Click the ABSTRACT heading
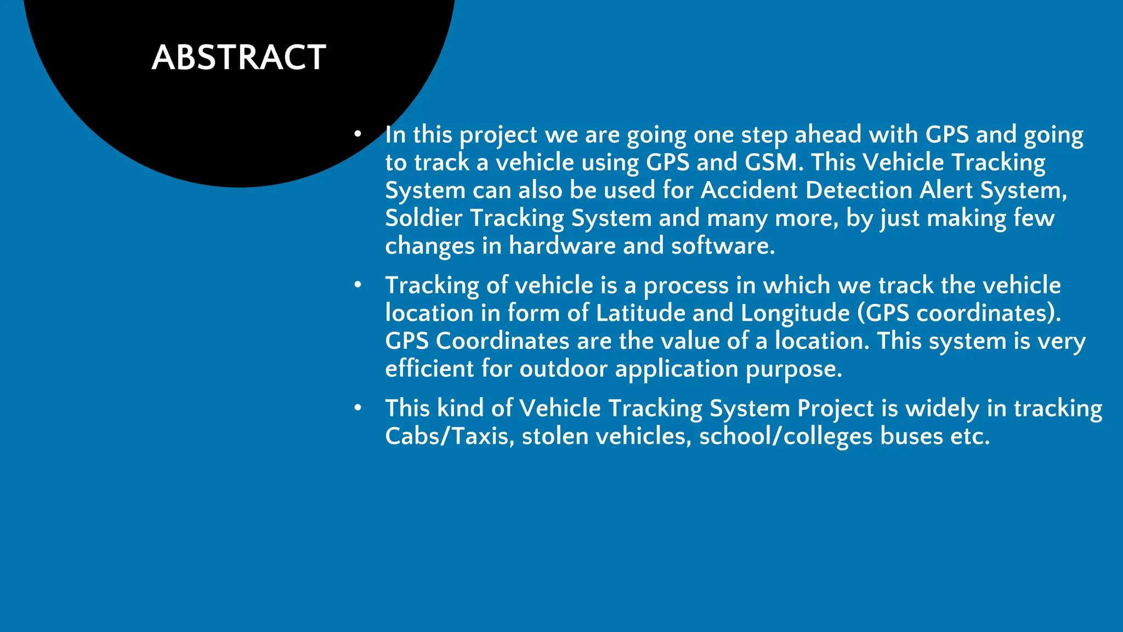tap(239, 58)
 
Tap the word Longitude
tap(795, 313)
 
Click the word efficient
tap(429, 369)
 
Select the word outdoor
tap(563, 369)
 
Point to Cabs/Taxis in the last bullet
tap(449, 437)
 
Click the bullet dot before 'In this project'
tap(358, 134)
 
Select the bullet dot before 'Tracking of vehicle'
tap(358, 285)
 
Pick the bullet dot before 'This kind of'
tap(358, 408)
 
